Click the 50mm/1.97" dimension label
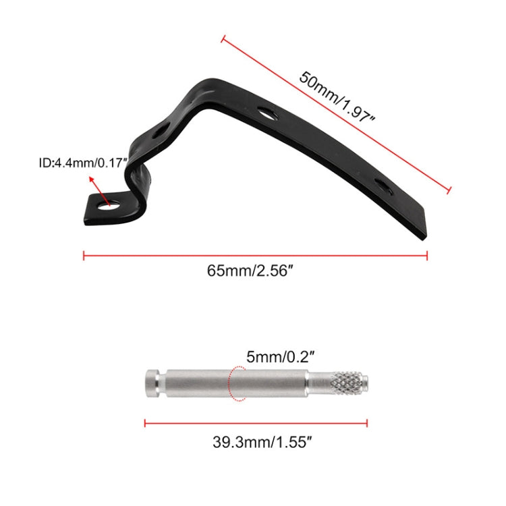pos(337,96)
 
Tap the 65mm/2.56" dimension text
pos(250,271)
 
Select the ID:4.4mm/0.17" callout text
pos(83,163)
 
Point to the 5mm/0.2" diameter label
pos(280,357)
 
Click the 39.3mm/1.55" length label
pos(262,442)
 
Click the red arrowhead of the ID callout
pos(92,179)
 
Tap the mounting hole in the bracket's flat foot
pos(109,205)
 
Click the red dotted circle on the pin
pos(237,384)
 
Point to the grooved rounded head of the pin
pos(152,383)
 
